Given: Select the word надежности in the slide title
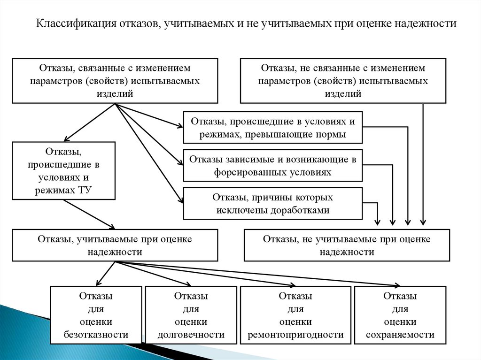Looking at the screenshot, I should click(426, 23).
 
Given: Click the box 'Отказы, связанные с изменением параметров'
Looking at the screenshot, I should click(115, 80).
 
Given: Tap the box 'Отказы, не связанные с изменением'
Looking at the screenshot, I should click(343, 80).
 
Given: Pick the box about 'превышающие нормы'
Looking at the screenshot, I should click(273, 128).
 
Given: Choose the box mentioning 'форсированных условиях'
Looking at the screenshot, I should click(273, 166).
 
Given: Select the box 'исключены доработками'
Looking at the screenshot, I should click(273, 204).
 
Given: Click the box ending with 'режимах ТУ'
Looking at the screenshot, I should click(64, 171).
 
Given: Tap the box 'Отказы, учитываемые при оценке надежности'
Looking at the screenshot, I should click(115, 245).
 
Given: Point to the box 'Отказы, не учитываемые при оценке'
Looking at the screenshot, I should click(347, 245).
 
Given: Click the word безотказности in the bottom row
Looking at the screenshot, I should click(96, 335).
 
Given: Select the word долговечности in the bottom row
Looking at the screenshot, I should click(191, 335).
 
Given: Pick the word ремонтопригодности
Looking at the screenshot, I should click(295, 335).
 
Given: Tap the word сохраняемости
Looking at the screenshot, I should click(400, 335).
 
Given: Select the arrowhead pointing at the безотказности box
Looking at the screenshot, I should click(98, 283).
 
